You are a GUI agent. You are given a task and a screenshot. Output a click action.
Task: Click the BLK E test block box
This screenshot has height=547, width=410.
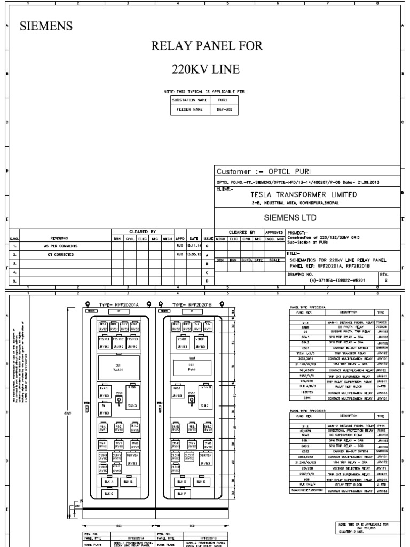pos(201,482)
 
